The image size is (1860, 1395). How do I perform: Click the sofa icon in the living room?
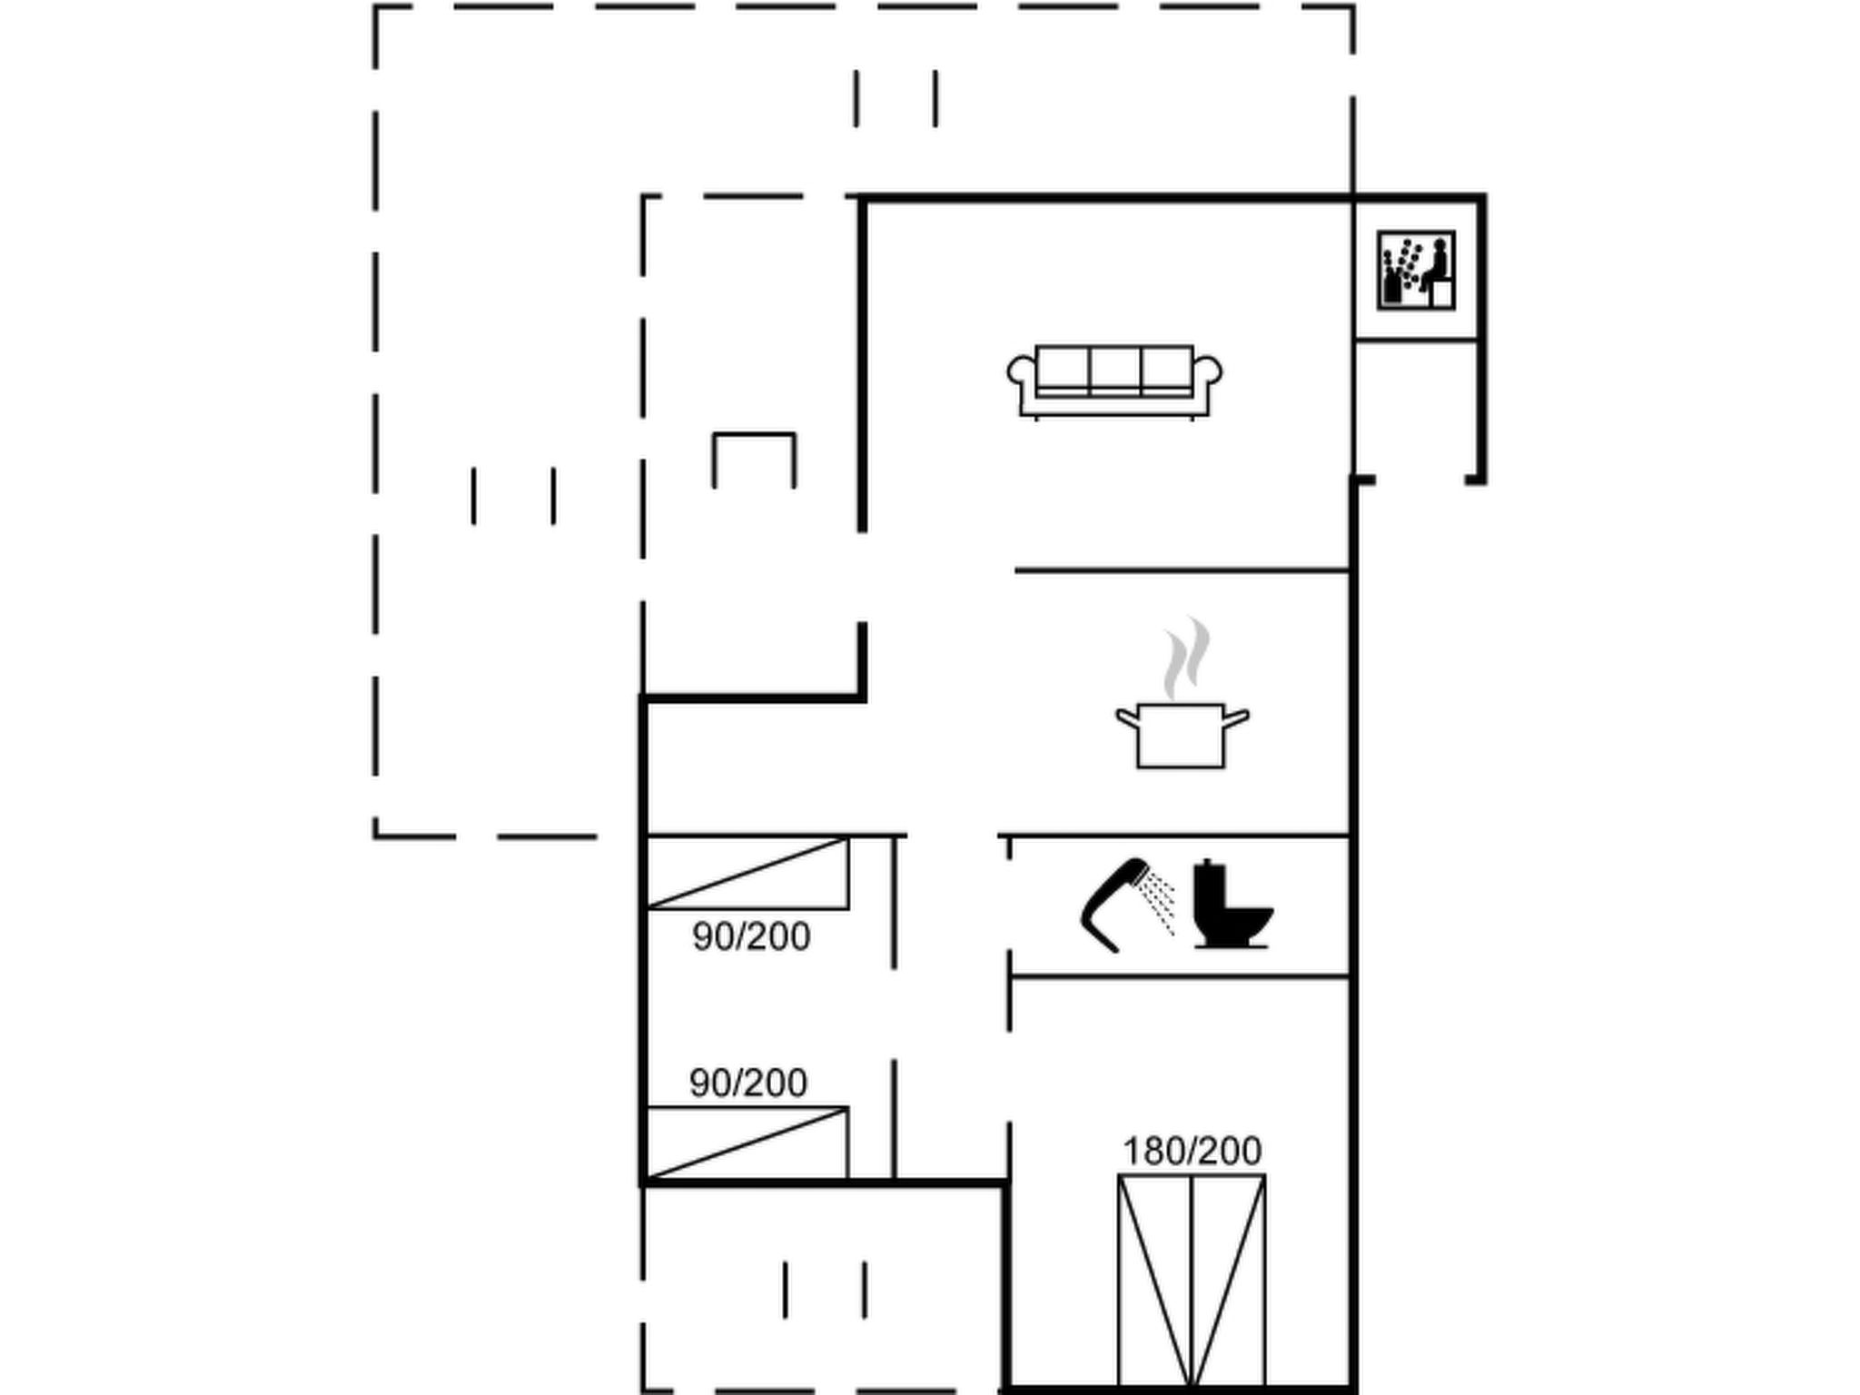[x=1114, y=381]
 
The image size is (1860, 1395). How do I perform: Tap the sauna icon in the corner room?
[x=1416, y=270]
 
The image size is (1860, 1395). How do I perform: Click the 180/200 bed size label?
[x=1192, y=1152]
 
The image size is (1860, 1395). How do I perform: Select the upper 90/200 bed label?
[x=751, y=937]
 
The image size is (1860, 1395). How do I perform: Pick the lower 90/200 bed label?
[x=748, y=1083]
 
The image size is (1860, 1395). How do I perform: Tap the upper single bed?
[x=747, y=873]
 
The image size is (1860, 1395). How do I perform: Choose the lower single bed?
[x=747, y=1143]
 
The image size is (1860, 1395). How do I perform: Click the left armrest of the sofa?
[x=1022, y=377]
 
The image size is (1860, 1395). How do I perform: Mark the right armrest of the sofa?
[x=1207, y=377]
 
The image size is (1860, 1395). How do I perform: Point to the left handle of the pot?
[x=1127, y=718]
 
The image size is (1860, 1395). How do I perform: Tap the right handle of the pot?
[x=1237, y=718]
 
